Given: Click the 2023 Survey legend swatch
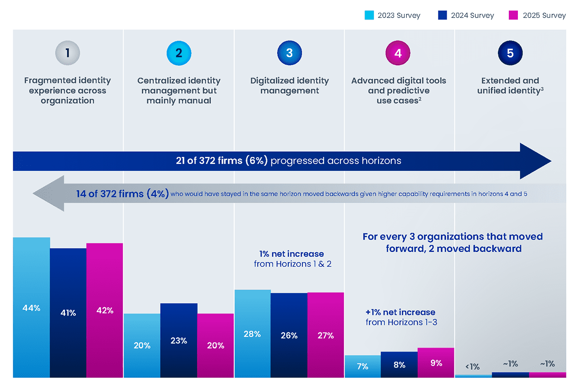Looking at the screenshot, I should click(x=369, y=15).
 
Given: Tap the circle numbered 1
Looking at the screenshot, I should click(x=67, y=53).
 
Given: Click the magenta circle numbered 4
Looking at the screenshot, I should click(x=398, y=53).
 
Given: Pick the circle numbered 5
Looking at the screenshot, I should click(x=510, y=53).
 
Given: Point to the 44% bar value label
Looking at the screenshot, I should click(x=31, y=308).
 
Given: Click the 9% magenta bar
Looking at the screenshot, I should click(x=436, y=363).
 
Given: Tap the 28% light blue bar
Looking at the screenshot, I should click(x=252, y=333).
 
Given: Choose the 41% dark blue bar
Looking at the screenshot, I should click(x=68, y=313).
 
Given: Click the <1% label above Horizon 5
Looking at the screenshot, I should click(x=473, y=367).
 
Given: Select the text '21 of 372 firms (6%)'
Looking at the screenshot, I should click(x=222, y=161).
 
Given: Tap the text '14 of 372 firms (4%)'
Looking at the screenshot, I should click(x=123, y=194).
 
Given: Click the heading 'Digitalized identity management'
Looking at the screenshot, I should click(x=290, y=85).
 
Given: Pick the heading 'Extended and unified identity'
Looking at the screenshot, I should click(x=510, y=85).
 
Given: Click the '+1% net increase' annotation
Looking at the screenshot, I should click(x=400, y=312).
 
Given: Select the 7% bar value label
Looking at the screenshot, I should click(x=362, y=366).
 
